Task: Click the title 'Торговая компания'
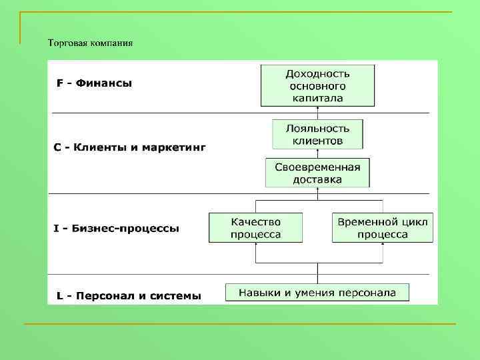click(x=90, y=43)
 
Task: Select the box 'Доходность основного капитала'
click(x=317, y=85)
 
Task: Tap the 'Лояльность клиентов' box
click(x=317, y=134)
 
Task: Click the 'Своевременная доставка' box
click(x=317, y=173)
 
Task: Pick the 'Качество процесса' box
click(x=255, y=227)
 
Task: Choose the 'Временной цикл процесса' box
click(x=383, y=227)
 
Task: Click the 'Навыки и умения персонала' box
click(x=317, y=292)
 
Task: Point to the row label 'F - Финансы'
click(x=95, y=83)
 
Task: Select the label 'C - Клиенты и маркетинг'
click(x=130, y=147)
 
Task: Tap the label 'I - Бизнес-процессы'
click(x=117, y=228)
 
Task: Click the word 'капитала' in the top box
click(x=317, y=98)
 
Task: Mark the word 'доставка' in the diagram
click(x=317, y=179)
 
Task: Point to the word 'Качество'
click(x=255, y=221)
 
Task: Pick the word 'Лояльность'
click(x=317, y=128)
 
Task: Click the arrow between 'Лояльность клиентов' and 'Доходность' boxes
click(x=317, y=113)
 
